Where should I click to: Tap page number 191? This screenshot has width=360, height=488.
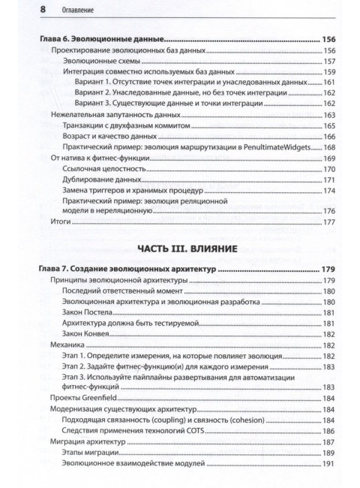(329, 465)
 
